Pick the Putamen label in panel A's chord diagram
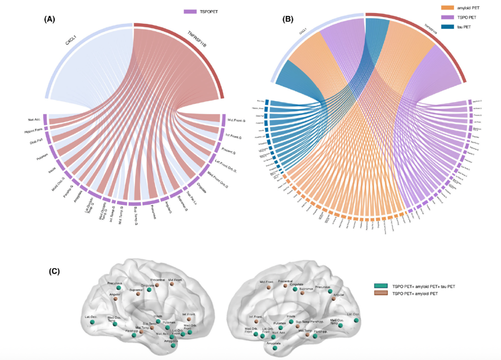click(x=39, y=158)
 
